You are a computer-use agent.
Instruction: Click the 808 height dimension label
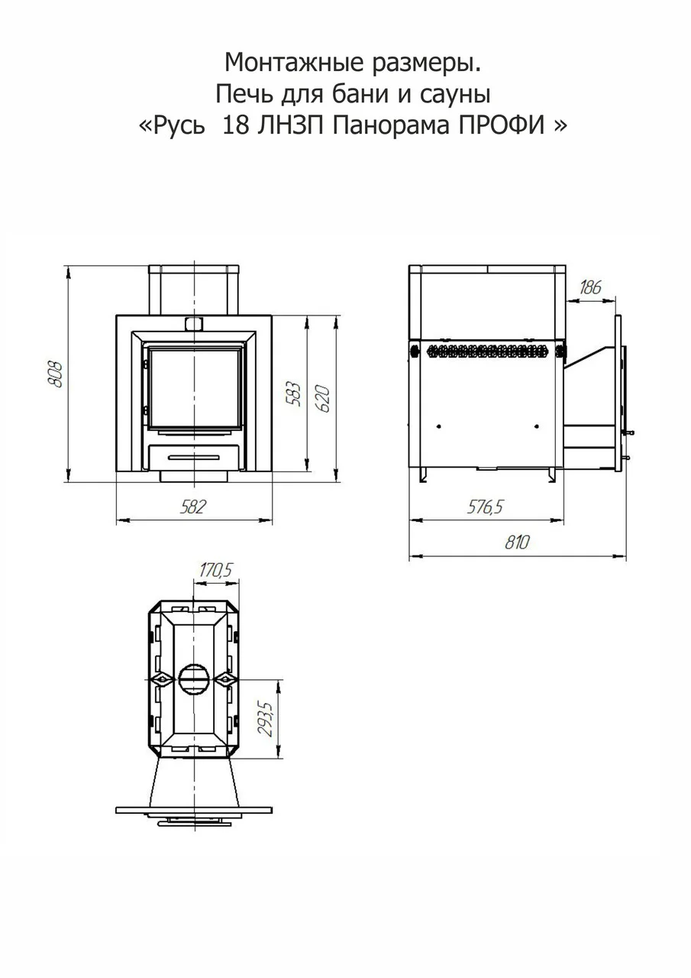click(x=56, y=374)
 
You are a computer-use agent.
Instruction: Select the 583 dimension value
click(x=294, y=395)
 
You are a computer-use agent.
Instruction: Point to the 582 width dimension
click(x=192, y=507)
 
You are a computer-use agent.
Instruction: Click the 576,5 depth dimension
click(x=485, y=507)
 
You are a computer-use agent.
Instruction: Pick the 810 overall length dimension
click(x=517, y=542)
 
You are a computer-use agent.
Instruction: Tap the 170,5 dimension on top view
click(x=217, y=570)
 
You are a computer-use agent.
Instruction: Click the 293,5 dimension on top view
click(x=265, y=719)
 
